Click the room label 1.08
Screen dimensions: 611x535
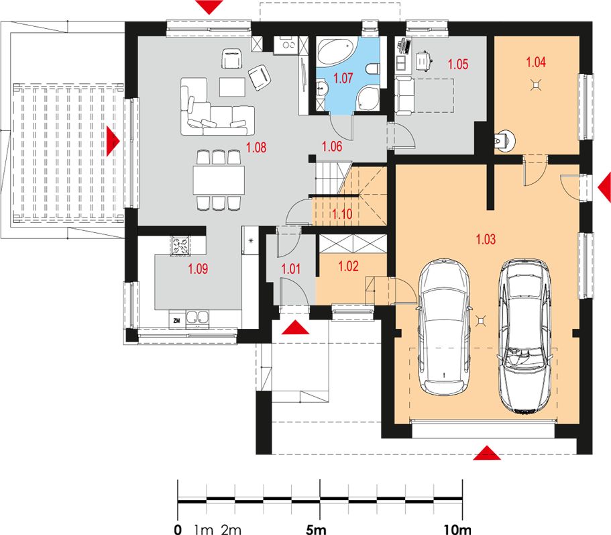click(x=256, y=148)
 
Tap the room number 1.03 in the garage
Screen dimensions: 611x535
click(x=486, y=239)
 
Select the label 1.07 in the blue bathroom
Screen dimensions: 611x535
click(x=343, y=78)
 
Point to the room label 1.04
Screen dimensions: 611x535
click(x=536, y=62)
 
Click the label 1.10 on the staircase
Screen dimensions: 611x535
click(x=342, y=213)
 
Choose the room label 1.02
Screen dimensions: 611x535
click(x=348, y=266)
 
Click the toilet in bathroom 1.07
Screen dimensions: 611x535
click(x=373, y=68)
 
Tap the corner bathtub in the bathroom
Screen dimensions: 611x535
click(x=335, y=51)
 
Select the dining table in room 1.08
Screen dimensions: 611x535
click(x=219, y=180)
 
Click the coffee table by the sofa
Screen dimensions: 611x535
click(x=232, y=87)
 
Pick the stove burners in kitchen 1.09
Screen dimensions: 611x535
click(x=180, y=246)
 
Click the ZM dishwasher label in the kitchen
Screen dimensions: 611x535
click(x=177, y=321)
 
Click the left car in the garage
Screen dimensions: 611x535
click(x=443, y=327)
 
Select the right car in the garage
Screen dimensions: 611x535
click(x=525, y=336)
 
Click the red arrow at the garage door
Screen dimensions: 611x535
click(x=487, y=453)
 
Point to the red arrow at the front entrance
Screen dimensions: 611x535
click(x=295, y=327)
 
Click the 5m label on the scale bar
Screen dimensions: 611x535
click(x=316, y=529)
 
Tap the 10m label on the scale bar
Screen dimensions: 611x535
click(x=457, y=529)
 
